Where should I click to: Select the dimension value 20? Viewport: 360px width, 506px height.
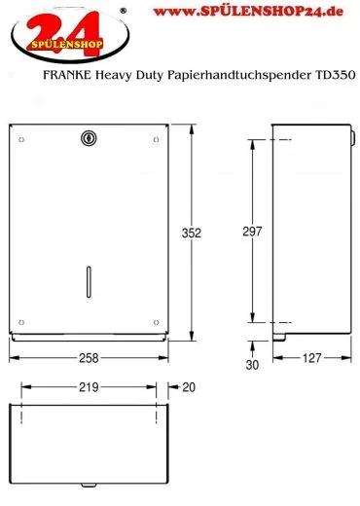188,387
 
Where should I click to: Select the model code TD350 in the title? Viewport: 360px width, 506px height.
337,75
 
